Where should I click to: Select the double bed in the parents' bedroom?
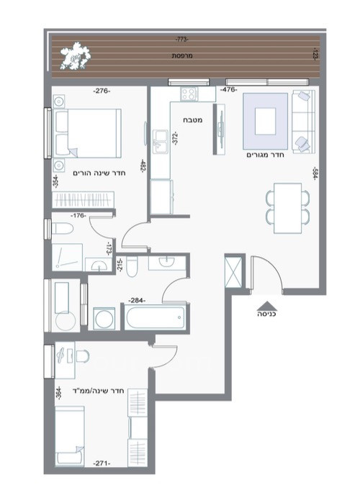pyautogui.click(x=85, y=132)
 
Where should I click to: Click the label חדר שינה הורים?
pyautogui.click(x=96, y=173)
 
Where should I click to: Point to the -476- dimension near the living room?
pyautogui.click(x=230, y=91)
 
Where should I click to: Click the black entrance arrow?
pyautogui.click(x=266, y=304)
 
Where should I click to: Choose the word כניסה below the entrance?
pyautogui.click(x=266, y=314)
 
